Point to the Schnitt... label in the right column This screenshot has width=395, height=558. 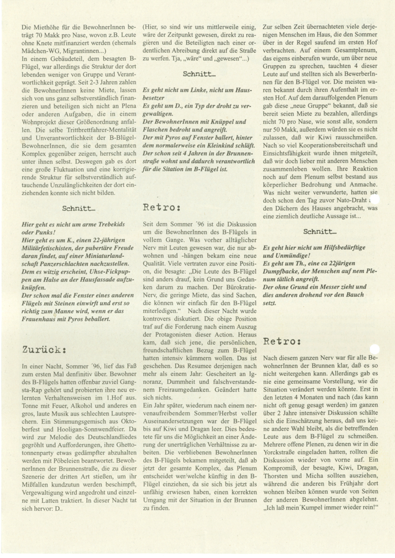(320, 231)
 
